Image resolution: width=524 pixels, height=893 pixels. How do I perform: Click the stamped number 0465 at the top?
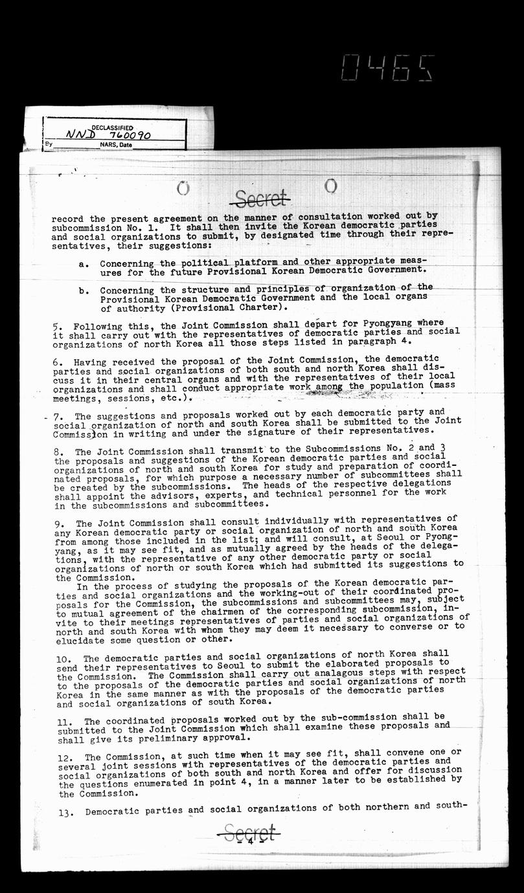point(387,67)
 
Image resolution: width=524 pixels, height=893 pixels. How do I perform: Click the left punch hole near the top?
point(183,188)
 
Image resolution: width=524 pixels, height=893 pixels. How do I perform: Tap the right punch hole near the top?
point(331,186)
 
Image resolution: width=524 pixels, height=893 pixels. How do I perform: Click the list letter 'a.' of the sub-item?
point(84,264)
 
